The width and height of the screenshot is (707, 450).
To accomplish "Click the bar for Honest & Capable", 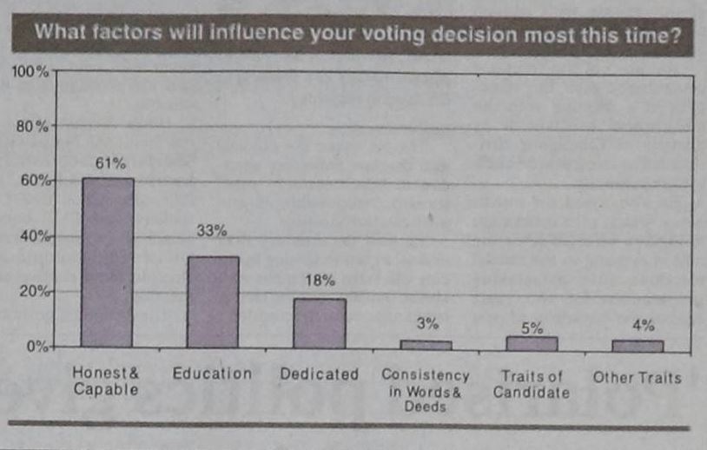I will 108,262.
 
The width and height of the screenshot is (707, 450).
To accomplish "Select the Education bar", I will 213,301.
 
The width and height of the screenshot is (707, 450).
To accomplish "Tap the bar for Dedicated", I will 319,322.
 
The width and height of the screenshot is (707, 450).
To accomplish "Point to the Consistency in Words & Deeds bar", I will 426,344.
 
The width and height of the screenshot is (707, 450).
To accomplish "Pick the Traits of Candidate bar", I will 532,342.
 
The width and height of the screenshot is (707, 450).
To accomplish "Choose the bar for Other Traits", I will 637,344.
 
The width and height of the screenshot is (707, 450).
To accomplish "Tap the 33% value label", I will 212,231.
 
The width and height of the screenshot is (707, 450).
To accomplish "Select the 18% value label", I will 319,281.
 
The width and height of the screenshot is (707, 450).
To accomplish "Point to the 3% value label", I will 426,324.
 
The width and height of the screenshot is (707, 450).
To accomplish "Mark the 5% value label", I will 532,328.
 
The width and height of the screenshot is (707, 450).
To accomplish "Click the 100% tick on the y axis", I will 30,70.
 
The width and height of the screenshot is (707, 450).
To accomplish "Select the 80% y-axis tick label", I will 33,126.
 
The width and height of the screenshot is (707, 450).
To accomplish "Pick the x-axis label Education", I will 212,374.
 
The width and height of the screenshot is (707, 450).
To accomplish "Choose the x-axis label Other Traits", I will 637,377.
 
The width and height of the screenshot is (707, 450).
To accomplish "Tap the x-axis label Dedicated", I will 319,374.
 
